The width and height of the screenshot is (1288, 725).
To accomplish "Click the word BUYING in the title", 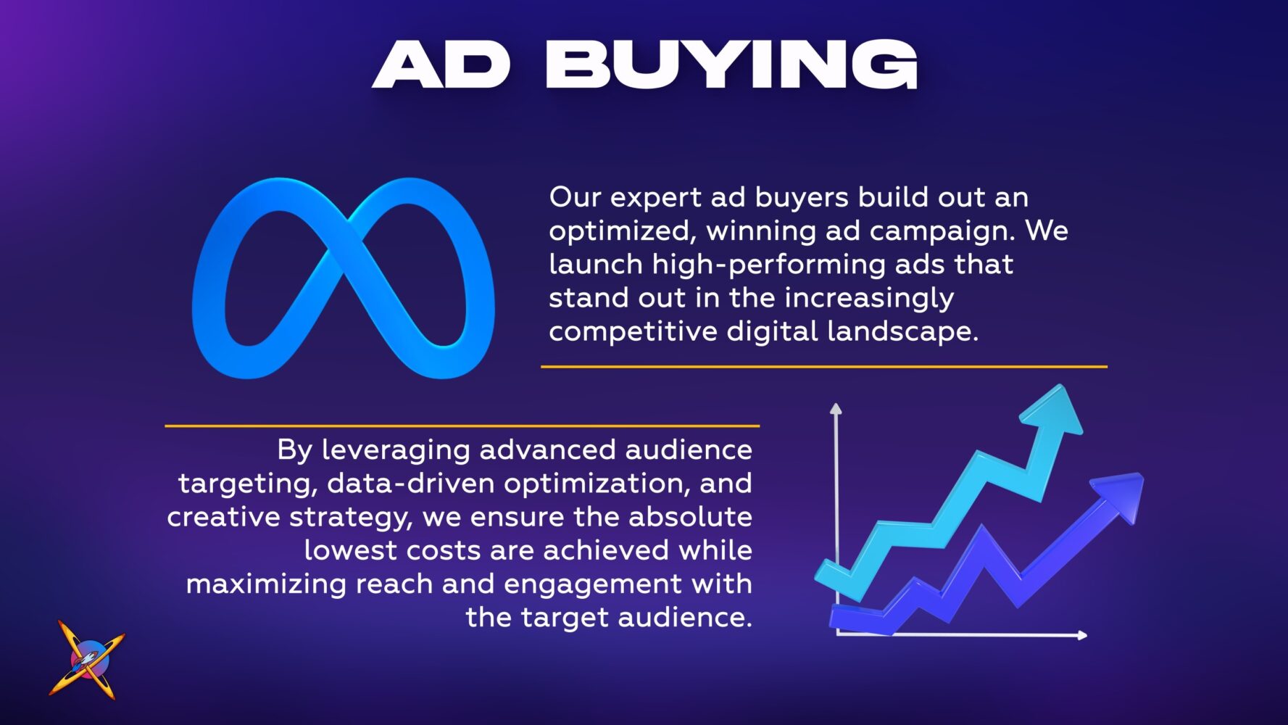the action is pyautogui.click(x=732, y=64).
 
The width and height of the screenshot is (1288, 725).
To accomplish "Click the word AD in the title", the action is pyautogui.click(x=441, y=64).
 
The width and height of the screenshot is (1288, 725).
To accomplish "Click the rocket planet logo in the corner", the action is pyautogui.click(x=86, y=659).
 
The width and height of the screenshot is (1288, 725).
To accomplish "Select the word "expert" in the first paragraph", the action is pyautogui.click(x=655, y=198).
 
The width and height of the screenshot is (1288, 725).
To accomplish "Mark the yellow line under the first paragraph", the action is pyautogui.click(x=824, y=367).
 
